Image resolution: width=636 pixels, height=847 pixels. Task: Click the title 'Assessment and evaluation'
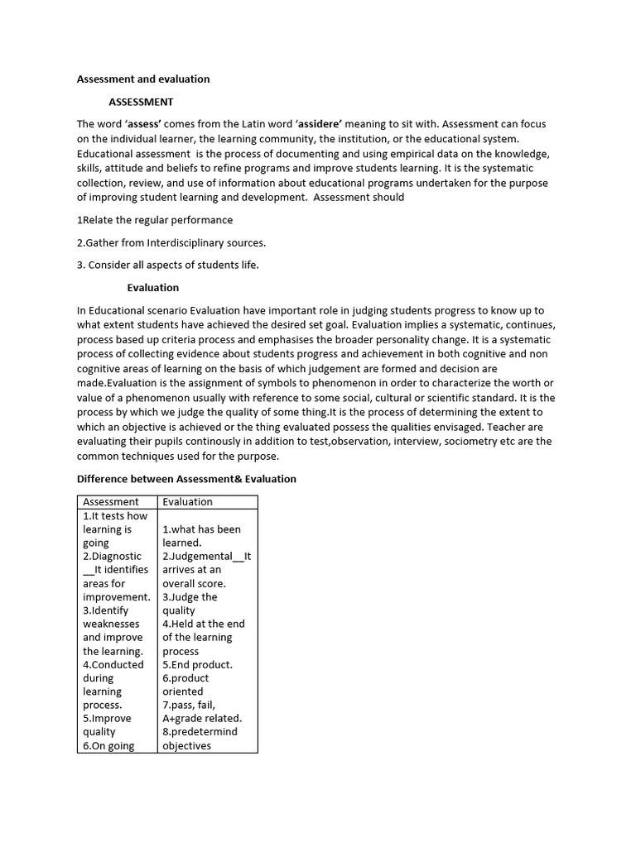[143, 79]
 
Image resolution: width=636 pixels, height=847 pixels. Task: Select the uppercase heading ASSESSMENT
[141, 102]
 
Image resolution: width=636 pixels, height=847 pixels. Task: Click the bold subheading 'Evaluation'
[152, 288]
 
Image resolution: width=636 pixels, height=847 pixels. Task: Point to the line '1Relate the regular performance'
[155, 220]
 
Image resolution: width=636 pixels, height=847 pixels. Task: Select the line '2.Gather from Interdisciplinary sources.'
[171, 242]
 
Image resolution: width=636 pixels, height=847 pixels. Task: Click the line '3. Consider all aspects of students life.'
[168, 265]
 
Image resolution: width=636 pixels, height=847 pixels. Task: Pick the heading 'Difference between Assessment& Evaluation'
[186, 479]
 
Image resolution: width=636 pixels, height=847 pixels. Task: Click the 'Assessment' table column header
[111, 502]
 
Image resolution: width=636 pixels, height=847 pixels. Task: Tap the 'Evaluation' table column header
[187, 502]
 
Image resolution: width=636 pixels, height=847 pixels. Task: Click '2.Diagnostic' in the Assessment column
[112, 557]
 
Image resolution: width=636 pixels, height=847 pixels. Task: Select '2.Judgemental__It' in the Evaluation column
[207, 557]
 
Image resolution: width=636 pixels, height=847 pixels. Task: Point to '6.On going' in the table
[108, 746]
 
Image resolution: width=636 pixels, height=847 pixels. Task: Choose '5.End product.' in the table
[197, 665]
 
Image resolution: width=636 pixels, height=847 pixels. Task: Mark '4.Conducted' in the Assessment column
[113, 665]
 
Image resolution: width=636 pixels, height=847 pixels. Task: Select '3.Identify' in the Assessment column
[105, 610]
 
